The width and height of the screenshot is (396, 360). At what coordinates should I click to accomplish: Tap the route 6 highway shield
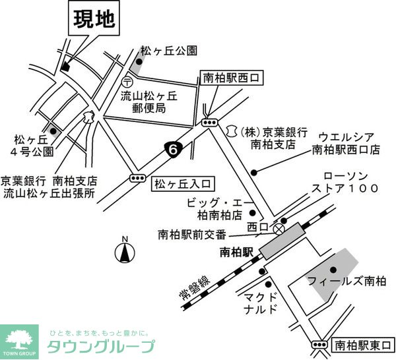point(172,150)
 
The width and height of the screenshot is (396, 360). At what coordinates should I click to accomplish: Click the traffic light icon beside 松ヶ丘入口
point(138,178)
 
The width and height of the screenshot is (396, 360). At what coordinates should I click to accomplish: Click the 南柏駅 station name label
point(236,253)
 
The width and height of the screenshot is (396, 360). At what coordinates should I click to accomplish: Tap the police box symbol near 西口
point(280,229)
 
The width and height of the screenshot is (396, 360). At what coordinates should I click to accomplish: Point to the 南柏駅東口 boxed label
point(362,344)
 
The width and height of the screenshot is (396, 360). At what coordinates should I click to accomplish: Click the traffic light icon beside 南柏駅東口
point(319,344)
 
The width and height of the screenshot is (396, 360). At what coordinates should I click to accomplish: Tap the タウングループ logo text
point(100,346)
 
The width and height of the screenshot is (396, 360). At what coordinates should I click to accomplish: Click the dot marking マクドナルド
point(263,271)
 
